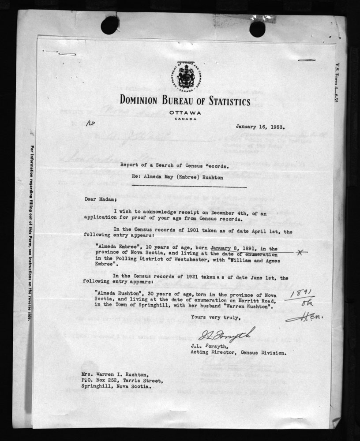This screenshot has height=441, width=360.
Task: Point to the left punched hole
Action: pos(109,25)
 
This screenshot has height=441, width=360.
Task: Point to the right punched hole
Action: pos(257,29)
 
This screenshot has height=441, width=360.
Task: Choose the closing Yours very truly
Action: pos(216,317)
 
